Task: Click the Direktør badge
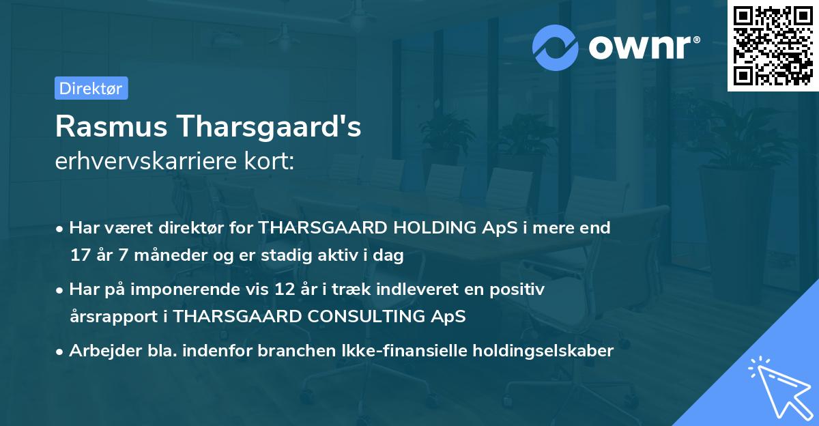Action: click(x=91, y=88)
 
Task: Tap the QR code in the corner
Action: click(x=772, y=45)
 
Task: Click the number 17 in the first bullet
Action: click(x=79, y=256)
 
